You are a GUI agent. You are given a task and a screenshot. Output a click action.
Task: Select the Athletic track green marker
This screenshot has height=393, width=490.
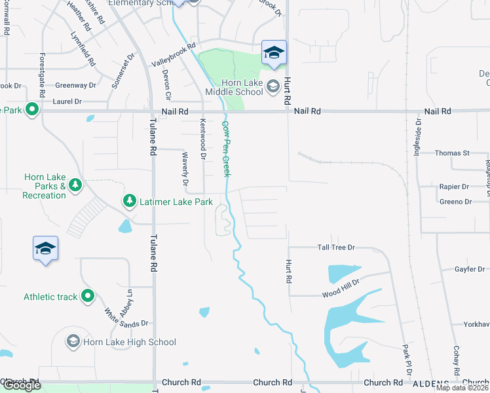pos(86,297)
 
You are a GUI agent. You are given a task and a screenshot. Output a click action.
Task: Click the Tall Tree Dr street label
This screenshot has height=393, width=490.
pos(335,248)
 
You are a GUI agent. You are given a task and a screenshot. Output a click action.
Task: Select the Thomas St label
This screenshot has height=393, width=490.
pos(453,153)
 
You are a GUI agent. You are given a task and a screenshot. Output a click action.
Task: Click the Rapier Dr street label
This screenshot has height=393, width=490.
pos(454,187)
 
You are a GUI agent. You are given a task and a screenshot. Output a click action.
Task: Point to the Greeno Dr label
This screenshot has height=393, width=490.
pos(455,202)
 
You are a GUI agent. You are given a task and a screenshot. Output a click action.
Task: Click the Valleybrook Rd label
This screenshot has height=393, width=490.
pos(174,55)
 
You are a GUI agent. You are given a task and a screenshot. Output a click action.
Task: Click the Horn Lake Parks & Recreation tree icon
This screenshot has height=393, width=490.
pos(75,186)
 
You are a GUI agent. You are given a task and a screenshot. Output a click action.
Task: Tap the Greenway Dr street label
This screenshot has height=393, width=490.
pos(75,85)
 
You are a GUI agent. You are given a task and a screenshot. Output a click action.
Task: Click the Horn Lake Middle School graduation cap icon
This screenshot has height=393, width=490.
pos(273,85)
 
